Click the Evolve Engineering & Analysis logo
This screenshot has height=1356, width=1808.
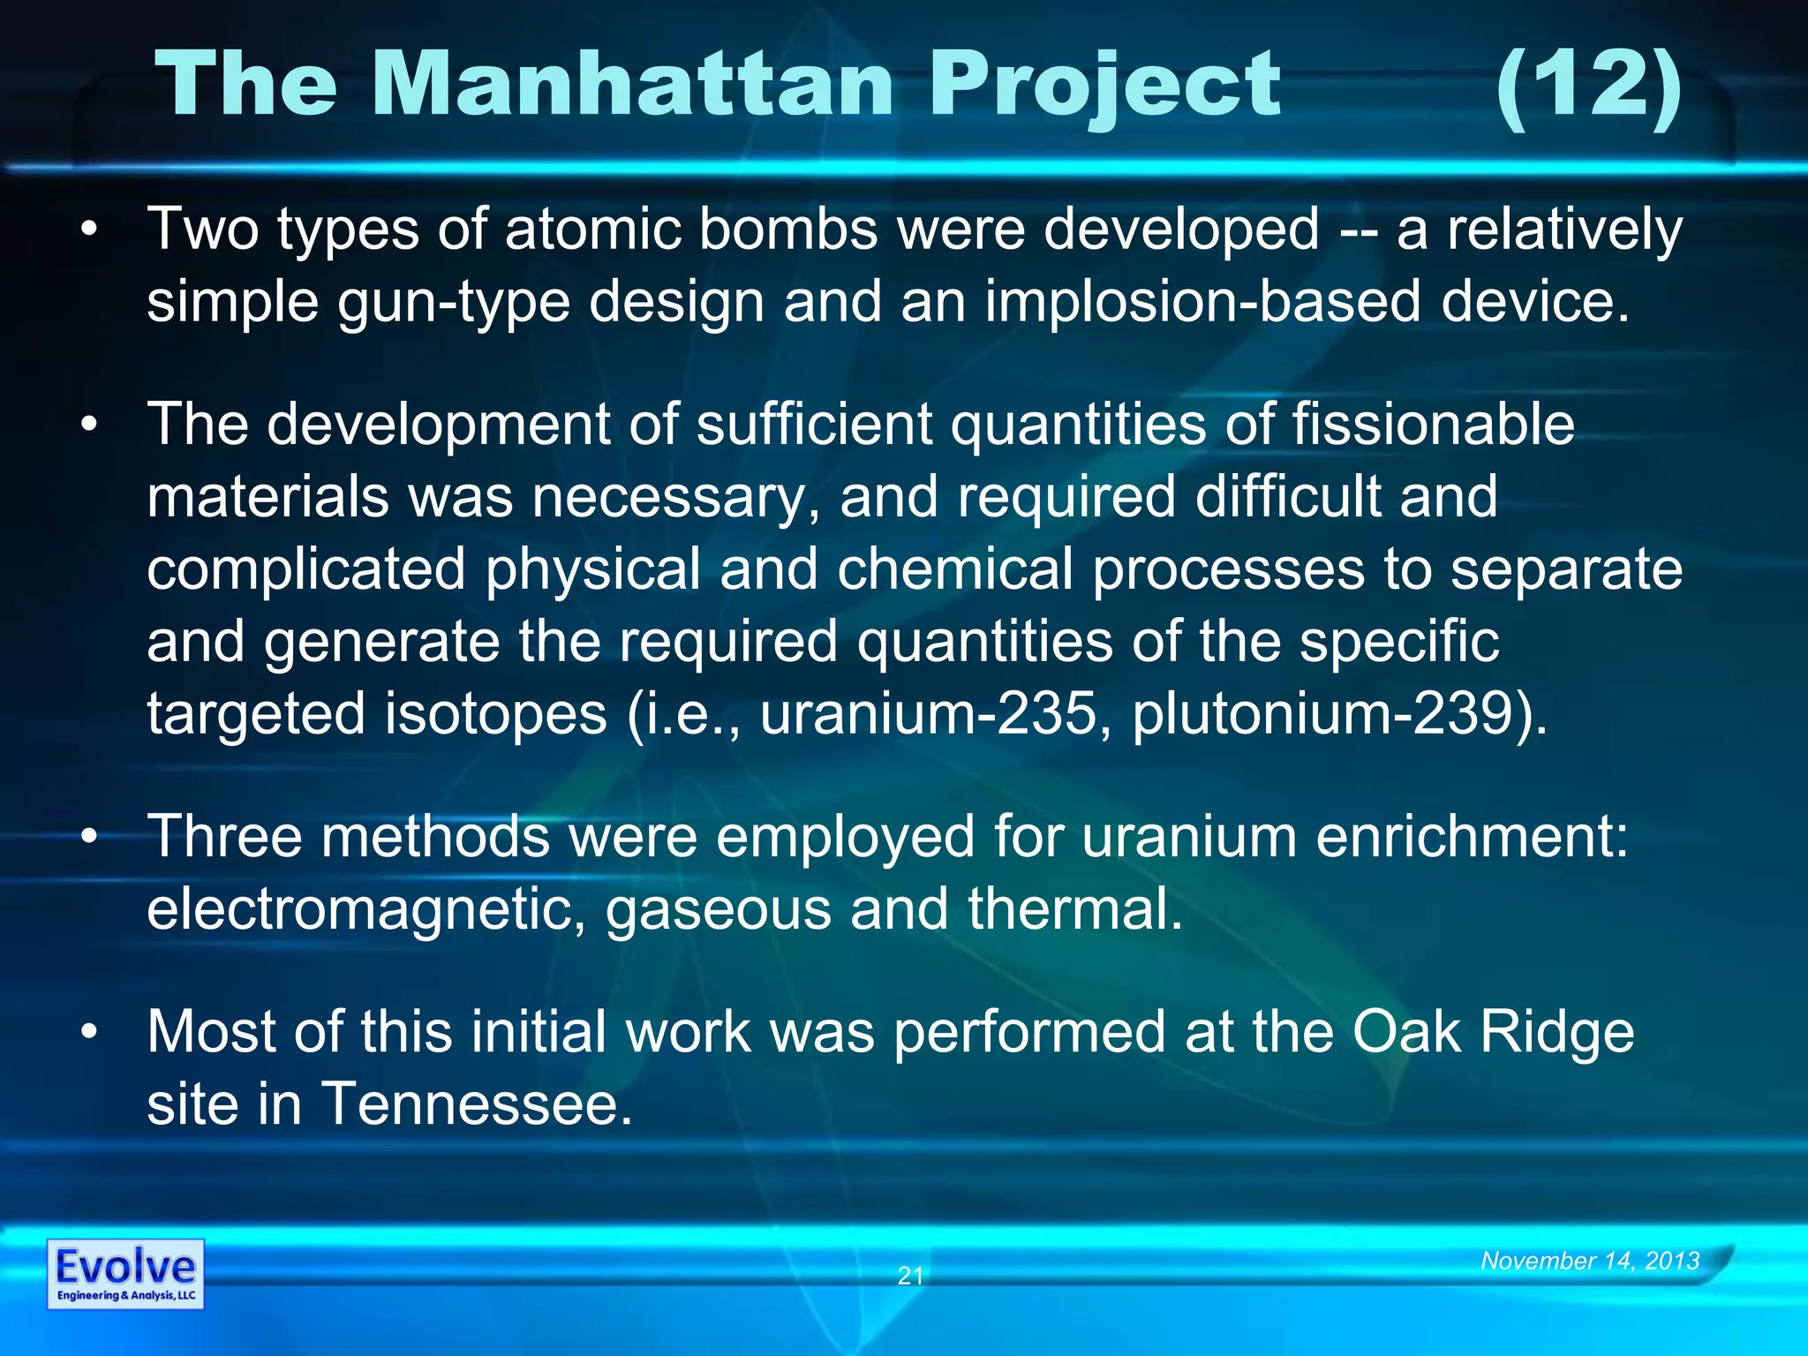[x=125, y=1273]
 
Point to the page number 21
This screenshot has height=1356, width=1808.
[x=910, y=1275]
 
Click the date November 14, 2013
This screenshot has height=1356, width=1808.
[x=1590, y=1260]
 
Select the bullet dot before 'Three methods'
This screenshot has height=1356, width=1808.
[x=87, y=838]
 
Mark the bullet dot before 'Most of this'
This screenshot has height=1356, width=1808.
[x=87, y=1033]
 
